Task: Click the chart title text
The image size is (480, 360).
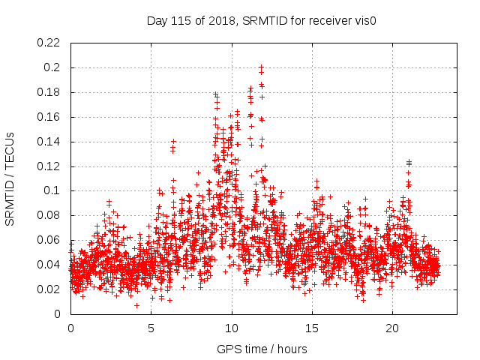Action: click(x=261, y=20)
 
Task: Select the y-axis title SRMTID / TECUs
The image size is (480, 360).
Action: click(x=10, y=178)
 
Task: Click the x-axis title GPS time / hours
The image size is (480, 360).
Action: click(x=262, y=349)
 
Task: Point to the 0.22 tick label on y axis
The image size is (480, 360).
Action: click(x=50, y=43)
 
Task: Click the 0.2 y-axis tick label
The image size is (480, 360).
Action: click(x=53, y=67)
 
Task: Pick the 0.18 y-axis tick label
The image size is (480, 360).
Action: click(x=50, y=92)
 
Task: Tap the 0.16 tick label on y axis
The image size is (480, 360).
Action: click(x=50, y=117)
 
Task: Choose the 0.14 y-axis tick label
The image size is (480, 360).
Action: click(x=50, y=142)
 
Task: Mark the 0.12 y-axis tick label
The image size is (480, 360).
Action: click(x=50, y=166)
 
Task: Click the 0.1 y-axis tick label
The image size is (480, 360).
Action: click(x=53, y=190)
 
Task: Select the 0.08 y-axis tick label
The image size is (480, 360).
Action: click(x=50, y=215)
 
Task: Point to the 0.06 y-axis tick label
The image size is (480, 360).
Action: click(x=50, y=240)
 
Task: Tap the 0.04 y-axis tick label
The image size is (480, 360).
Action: click(x=50, y=265)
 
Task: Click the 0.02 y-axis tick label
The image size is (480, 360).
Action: click(x=50, y=289)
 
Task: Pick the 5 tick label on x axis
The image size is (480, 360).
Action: click(x=151, y=328)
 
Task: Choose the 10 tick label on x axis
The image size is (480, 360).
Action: click(x=232, y=328)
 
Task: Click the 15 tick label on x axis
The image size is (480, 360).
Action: click(x=312, y=328)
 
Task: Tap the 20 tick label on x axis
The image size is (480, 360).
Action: click(x=392, y=328)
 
